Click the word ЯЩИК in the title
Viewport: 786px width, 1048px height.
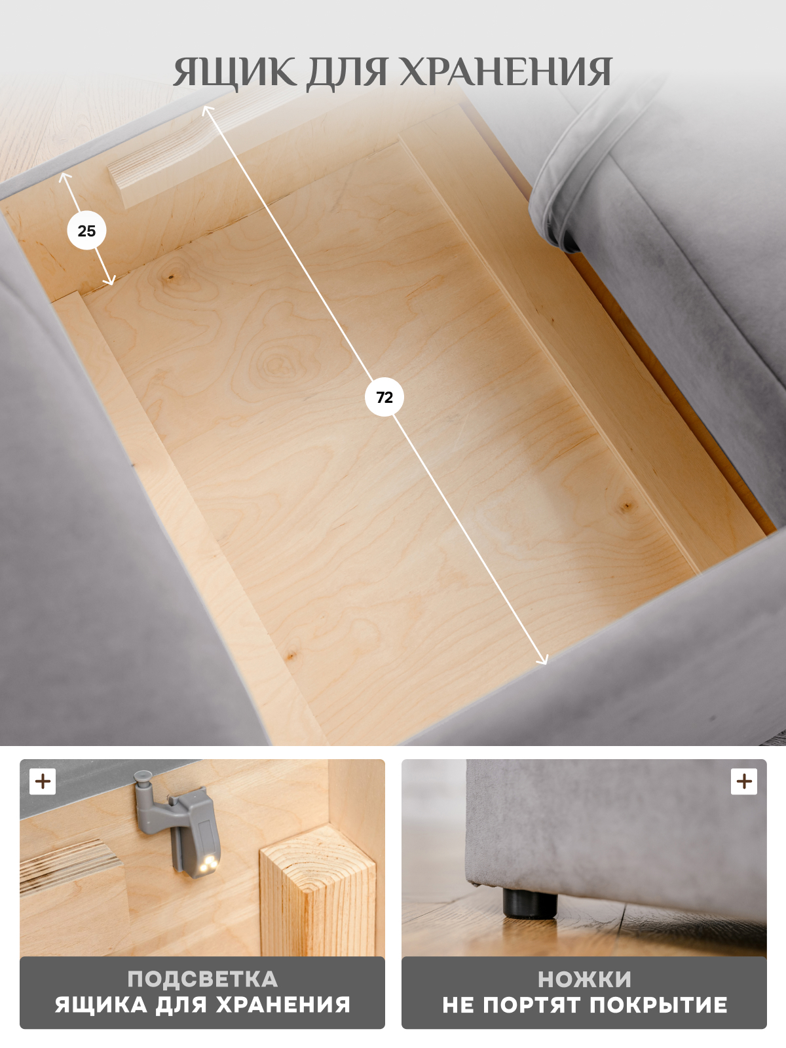coord(234,73)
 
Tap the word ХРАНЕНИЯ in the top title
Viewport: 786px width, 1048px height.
coord(506,73)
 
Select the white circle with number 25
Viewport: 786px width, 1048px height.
coord(86,231)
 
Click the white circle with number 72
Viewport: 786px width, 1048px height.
coord(384,397)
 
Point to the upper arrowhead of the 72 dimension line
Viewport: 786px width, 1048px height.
coord(207,110)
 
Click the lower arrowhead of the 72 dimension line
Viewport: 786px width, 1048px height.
coord(542,660)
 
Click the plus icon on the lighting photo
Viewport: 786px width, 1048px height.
coord(43,781)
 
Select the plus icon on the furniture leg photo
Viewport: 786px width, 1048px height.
coord(743,781)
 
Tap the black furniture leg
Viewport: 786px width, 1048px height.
coord(531,902)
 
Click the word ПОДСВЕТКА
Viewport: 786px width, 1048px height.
coord(202,979)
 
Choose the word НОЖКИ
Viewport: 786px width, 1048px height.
coord(584,979)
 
